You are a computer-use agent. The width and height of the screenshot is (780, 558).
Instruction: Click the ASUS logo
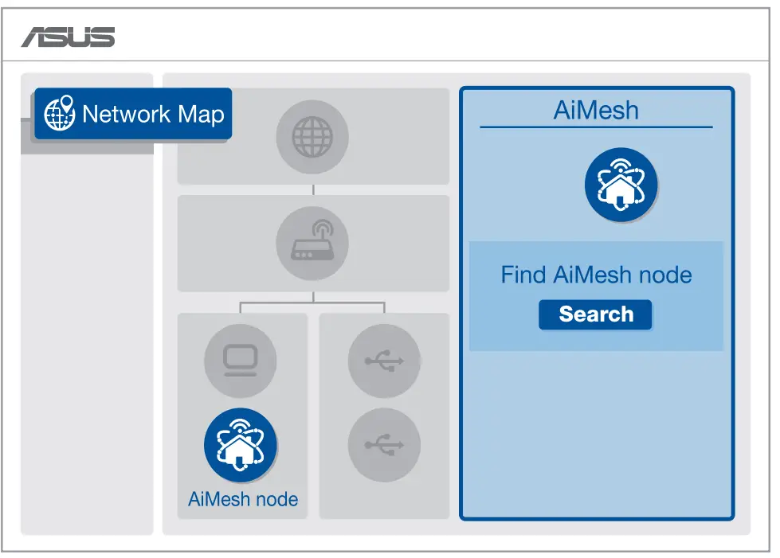pos(68,37)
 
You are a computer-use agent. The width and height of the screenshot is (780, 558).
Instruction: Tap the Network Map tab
pos(133,114)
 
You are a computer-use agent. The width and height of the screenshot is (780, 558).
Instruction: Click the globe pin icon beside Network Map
pos(60,114)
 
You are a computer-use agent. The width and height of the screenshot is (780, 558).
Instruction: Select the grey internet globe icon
pos(312,138)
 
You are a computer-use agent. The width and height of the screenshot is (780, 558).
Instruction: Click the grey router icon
pos(312,244)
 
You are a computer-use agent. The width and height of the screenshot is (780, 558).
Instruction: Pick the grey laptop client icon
pos(240,360)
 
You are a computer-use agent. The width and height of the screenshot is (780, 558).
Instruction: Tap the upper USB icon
pos(384,360)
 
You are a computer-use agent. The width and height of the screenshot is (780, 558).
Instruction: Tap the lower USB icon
pos(384,445)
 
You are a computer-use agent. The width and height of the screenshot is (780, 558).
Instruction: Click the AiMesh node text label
pos(243,500)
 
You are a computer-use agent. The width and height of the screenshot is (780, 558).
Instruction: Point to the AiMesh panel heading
pos(596,110)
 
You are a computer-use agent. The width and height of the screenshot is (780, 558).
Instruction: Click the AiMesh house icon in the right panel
pos(621,185)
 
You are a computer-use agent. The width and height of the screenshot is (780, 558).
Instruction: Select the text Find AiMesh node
pos(596,275)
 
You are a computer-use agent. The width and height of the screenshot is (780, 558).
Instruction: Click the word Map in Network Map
pos(201,115)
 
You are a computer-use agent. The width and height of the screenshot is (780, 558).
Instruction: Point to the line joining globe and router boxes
pos(313,190)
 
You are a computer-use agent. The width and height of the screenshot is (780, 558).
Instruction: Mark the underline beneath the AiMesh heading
pos(596,127)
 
